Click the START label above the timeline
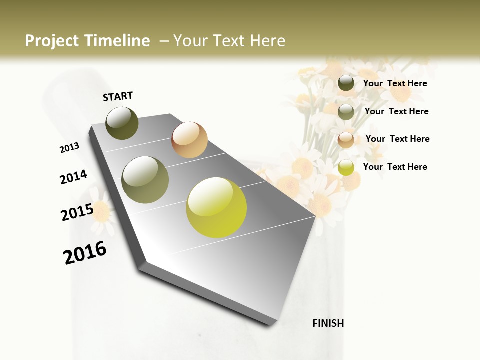click(x=118, y=96)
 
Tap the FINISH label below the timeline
click(x=328, y=323)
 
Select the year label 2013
click(x=69, y=148)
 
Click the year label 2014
click(x=73, y=177)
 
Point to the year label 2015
click(x=77, y=212)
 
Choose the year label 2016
click(x=85, y=252)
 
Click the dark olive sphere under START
click(x=122, y=123)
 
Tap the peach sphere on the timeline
click(x=189, y=140)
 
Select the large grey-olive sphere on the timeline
click(x=145, y=180)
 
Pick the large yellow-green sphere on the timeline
click(x=216, y=207)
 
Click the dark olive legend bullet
click(x=346, y=83)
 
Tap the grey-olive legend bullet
click(x=346, y=112)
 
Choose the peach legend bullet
click(x=346, y=140)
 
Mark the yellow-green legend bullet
click(x=346, y=167)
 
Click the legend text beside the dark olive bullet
click(x=395, y=83)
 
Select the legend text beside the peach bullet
click(x=397, y=139)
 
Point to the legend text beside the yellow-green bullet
click(x=395, y=167)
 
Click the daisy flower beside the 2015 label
click(x=102, y=213)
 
